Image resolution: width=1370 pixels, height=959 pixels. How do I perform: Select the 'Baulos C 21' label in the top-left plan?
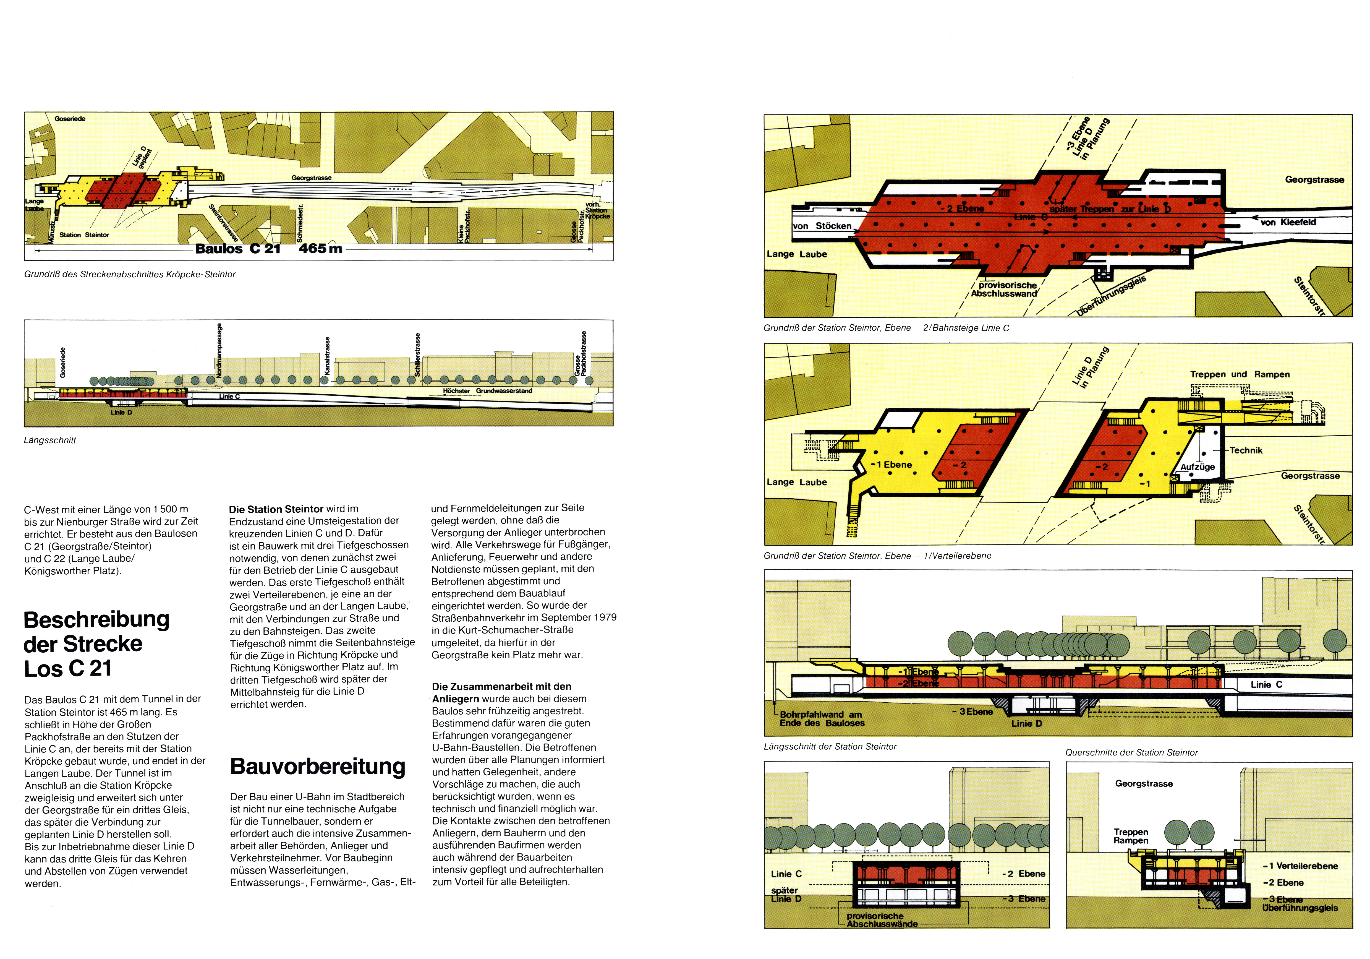237,249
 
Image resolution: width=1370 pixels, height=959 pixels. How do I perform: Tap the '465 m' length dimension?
320,249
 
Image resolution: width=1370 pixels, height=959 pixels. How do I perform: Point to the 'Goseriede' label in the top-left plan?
70,119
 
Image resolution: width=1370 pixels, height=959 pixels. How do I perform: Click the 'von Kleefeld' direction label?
1288,222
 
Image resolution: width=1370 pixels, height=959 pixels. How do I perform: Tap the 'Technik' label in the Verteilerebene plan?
1246,450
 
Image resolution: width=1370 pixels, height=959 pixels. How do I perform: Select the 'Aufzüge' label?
1198,467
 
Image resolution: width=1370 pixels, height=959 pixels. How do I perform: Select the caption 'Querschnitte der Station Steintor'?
1131,752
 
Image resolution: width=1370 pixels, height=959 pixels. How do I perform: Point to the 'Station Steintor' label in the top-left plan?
84,235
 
